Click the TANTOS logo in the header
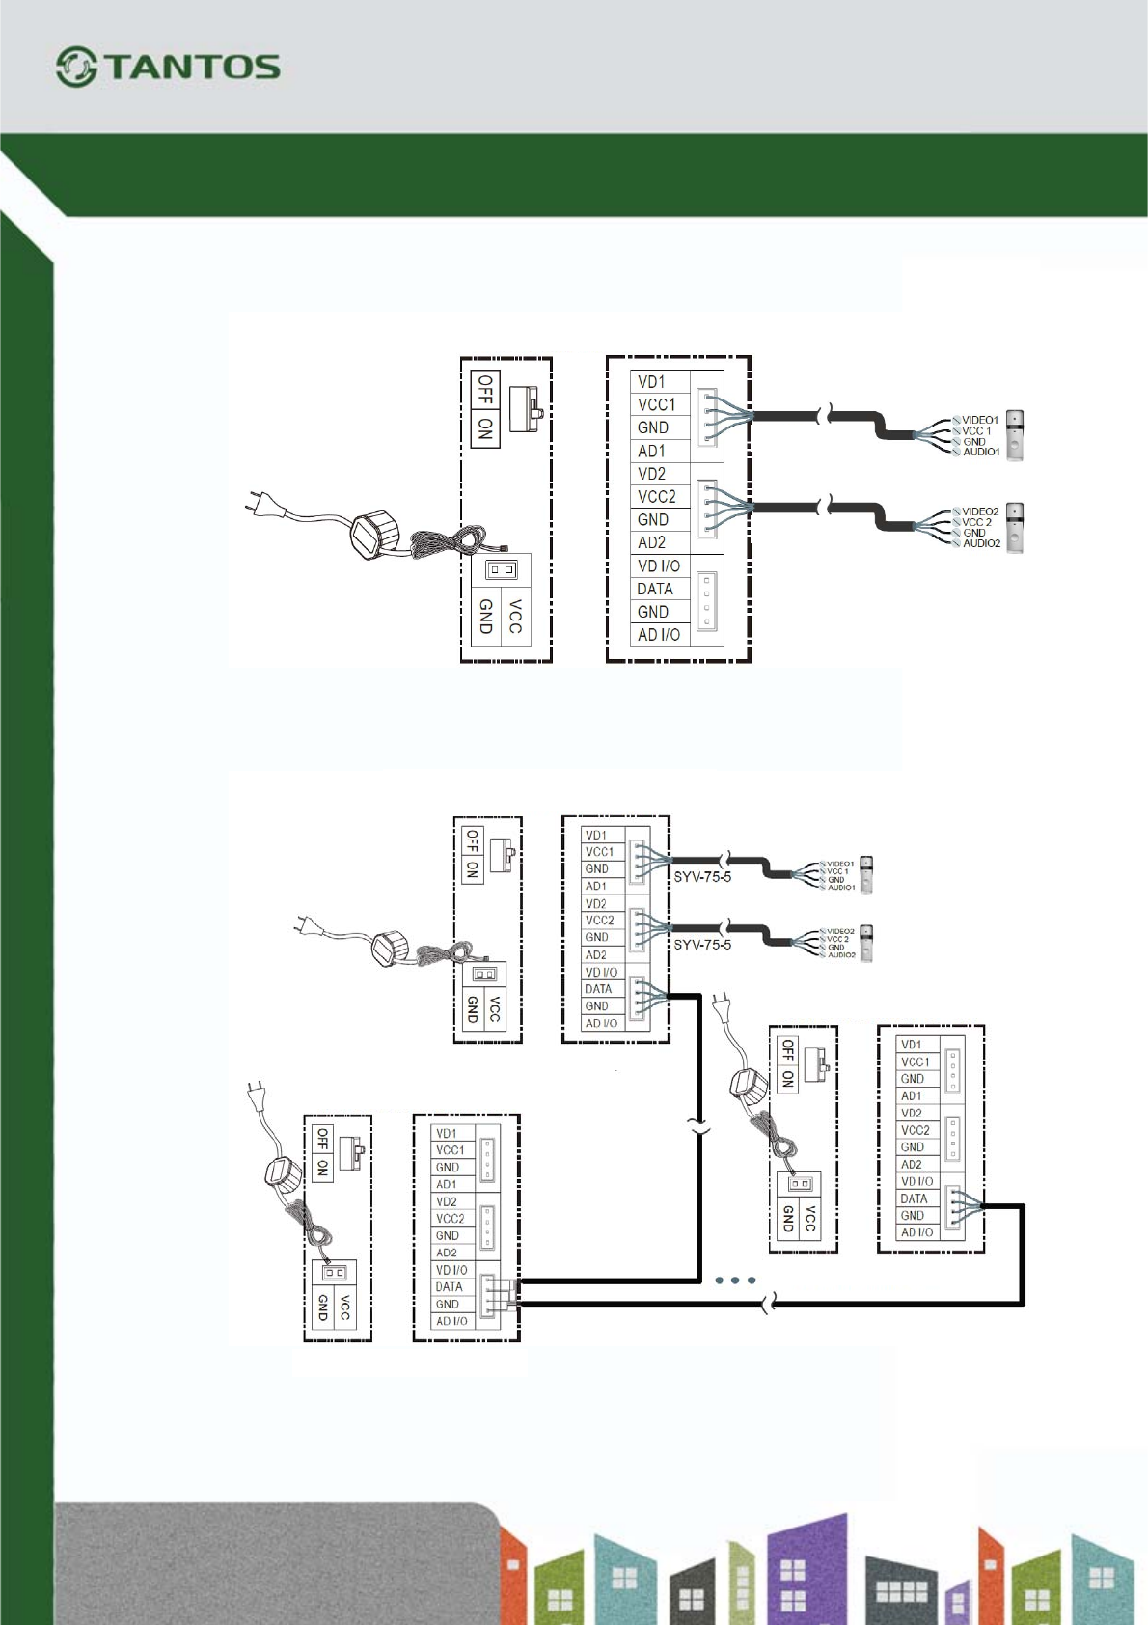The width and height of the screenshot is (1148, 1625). [x=168, y=67]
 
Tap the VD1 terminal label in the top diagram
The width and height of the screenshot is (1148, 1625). [x=651, y=382]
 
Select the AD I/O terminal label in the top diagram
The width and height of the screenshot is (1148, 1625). [x=659, y=635]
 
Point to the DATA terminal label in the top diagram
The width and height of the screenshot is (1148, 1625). [x=655, y=589]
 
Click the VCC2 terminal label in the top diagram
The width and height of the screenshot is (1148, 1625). [x=657, y=497]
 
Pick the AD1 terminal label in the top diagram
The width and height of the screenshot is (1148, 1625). [x=651, y=451]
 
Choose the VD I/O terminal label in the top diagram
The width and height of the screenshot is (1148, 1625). [x=659, y=566]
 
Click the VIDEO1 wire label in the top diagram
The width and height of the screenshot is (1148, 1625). [x=980, y=421]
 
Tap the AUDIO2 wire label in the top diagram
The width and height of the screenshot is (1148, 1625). [x=981, y=543]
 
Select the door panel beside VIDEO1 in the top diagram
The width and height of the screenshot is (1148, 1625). [x=1015, y=435]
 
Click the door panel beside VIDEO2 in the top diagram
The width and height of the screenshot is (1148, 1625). [x=1015, y=527]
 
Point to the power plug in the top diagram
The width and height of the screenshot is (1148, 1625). [x=260, y=503]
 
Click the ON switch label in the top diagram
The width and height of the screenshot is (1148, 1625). [x=484, y=427]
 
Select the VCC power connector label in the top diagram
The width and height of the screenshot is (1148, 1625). [x=515, y=617]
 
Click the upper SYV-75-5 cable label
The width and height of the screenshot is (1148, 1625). [x=702, y=877]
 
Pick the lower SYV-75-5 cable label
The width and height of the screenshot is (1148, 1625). [x=702, y=945]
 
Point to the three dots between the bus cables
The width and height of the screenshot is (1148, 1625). [x=735, y=1281]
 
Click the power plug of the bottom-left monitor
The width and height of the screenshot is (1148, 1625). [x=257, y=1096]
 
